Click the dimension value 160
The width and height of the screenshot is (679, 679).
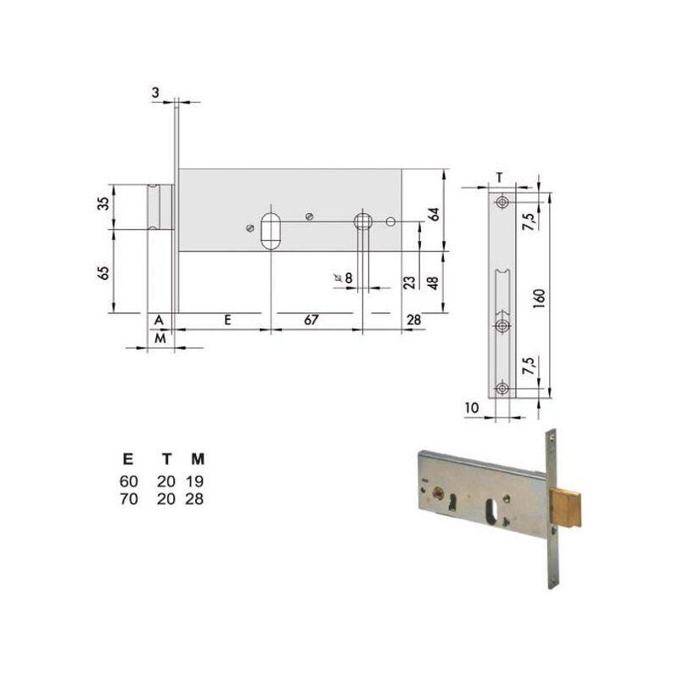click(539, 299)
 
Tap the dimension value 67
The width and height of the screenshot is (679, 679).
click(311, 320)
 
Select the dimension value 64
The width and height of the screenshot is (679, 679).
click(435, 215)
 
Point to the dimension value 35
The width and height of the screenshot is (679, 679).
click(104, 204)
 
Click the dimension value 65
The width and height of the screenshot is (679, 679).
click(104, 272)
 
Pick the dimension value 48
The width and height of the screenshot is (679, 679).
click(433, 283)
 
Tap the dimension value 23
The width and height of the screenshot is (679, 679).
click(410, 283)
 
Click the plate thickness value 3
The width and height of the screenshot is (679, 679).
click(155, 93)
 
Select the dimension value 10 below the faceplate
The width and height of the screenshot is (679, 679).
click(472, 408)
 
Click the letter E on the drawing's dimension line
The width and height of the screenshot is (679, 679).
click(227, 320)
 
